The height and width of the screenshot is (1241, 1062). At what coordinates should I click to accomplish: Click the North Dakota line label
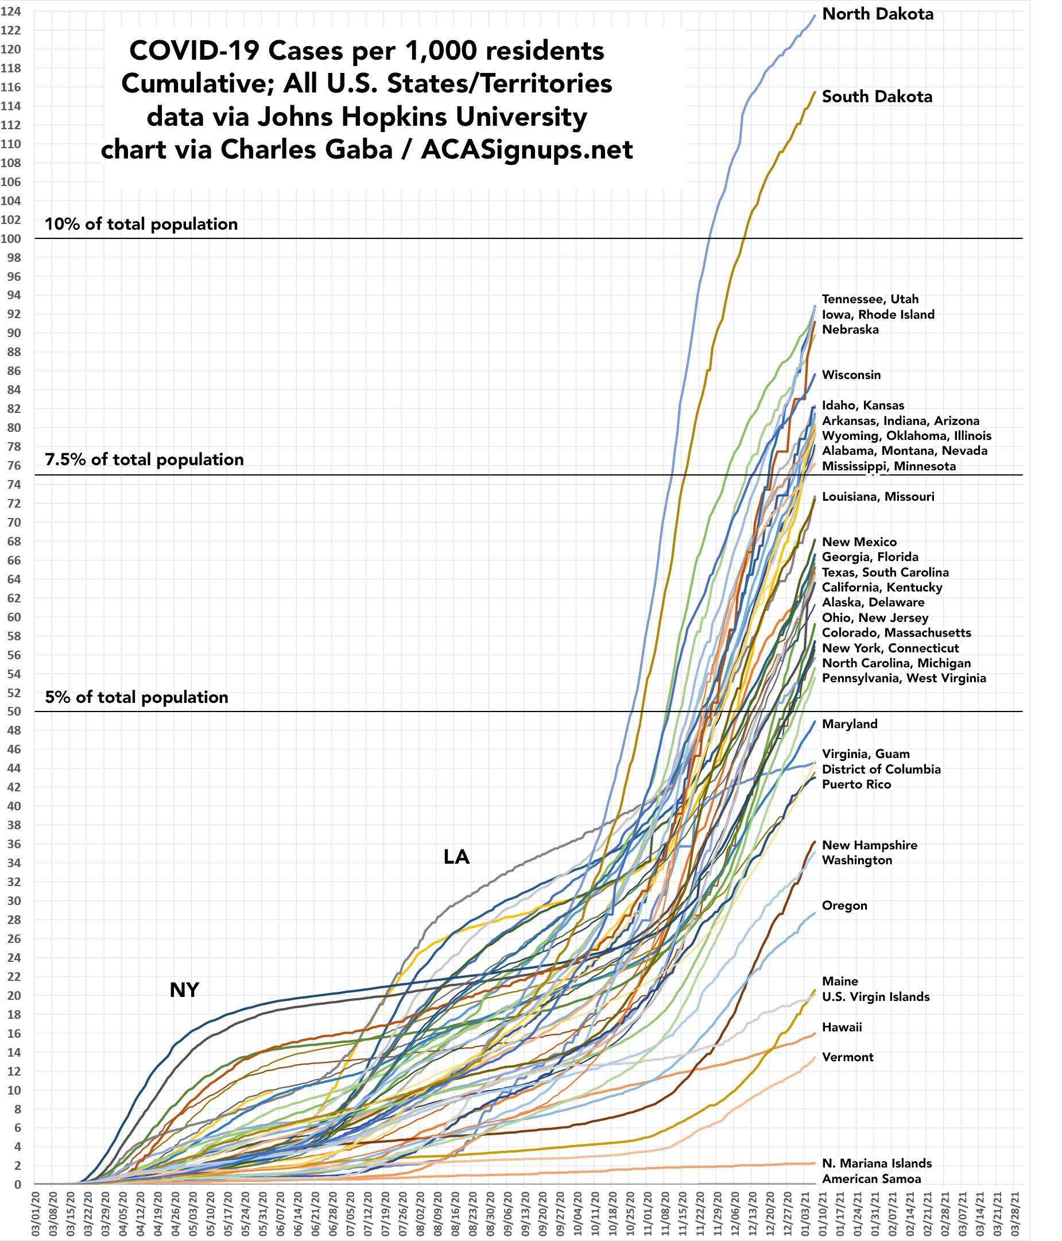point(878,14)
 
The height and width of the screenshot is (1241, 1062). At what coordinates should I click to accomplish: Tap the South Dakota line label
point(877,96)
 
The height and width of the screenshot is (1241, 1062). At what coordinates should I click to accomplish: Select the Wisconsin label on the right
point(851,375)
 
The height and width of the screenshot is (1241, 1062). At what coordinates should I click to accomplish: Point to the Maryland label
point(850,724)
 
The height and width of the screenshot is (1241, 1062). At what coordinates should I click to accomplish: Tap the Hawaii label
point(842,1027)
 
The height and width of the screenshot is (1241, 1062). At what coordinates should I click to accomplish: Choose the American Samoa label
point(871,1179)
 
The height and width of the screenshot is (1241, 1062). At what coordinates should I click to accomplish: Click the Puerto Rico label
point(856,784)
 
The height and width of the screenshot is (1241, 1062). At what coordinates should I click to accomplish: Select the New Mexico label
point(859,542)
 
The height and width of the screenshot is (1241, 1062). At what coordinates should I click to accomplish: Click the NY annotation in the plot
point(184,991)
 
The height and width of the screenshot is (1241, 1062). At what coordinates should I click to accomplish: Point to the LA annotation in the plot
point(456,858)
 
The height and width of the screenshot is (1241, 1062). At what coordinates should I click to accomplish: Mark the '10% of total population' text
point(141,224)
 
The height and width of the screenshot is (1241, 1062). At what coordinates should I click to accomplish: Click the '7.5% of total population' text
point(144,459)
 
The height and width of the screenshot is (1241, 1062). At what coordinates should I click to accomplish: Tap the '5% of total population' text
point(137,697)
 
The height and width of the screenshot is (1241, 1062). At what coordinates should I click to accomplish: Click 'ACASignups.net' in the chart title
point(526,150)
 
